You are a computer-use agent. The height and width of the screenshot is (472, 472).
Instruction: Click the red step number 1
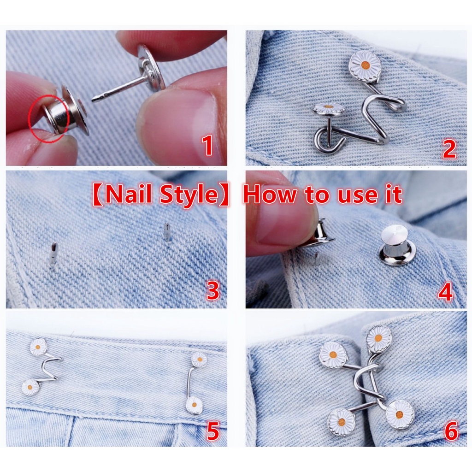pos(207,145)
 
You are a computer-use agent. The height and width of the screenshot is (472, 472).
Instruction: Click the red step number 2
pos(449,149)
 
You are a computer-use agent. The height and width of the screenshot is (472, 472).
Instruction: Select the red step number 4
pos(445,291)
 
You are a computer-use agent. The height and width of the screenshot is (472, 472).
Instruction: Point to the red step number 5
pos(213,431)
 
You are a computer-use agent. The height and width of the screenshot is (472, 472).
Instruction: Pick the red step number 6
pos(451,431)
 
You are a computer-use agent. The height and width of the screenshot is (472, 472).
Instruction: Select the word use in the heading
pos(357,196)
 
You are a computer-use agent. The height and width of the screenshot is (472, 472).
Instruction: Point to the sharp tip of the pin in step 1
pos(93,99)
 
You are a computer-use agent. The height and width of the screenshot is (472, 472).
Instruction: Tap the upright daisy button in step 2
pos(365,67)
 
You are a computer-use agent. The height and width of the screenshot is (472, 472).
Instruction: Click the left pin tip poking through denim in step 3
pos(53,254)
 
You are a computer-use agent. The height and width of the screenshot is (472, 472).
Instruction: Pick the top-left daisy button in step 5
pos(38,347)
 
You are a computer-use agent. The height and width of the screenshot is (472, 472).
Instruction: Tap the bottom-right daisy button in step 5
pos(194,405)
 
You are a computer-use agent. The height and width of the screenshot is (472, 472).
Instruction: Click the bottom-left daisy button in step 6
pos(342,422)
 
